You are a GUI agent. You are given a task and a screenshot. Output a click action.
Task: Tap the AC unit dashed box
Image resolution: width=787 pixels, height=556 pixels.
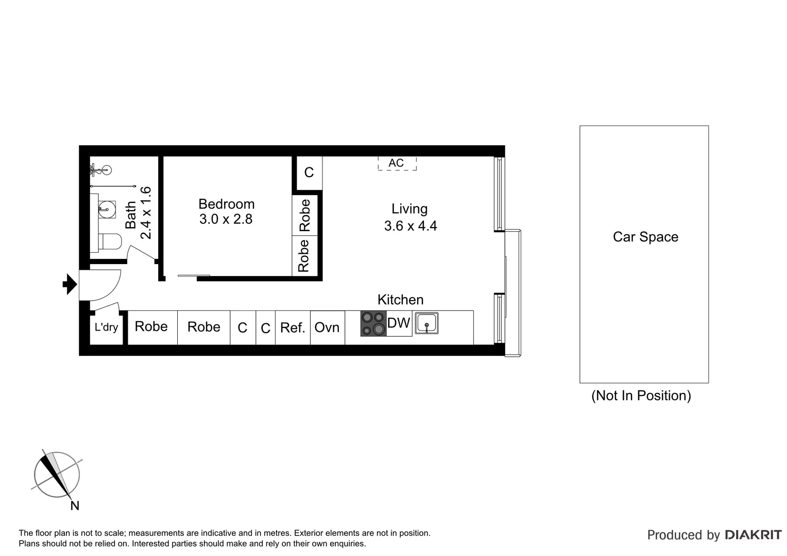pos(396,163)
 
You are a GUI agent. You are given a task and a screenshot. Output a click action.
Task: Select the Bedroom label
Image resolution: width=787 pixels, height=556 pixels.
pos(226,204)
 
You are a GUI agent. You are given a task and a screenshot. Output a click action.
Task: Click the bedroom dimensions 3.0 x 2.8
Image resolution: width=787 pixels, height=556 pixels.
pos(226,219)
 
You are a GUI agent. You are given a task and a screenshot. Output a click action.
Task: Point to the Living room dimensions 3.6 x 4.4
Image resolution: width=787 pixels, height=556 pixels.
pos(410,226)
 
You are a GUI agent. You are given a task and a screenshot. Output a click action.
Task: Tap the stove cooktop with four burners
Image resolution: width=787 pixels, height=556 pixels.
pos(373,324)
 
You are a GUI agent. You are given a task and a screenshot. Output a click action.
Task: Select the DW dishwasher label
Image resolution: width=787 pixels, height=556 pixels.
pos(399,323)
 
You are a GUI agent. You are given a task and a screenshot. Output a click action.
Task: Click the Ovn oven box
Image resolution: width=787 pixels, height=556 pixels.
pos(327,327)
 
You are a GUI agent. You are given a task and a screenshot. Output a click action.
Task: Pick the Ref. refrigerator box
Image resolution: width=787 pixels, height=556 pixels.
pos(293,327)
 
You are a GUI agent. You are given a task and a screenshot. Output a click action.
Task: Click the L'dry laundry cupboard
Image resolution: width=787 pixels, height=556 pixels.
pos(106,327)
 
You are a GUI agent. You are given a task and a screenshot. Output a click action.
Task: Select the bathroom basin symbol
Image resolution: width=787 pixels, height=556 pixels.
pos(107,208)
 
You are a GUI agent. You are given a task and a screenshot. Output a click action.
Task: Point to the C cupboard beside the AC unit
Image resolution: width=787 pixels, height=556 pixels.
pos(309,172)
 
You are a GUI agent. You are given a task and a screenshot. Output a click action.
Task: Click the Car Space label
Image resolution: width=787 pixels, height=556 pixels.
pos(645,237)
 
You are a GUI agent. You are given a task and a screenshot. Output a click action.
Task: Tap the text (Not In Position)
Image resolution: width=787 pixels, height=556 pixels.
pos(641,395)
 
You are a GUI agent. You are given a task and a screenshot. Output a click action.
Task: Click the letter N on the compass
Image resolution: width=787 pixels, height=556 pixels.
pos(75,506)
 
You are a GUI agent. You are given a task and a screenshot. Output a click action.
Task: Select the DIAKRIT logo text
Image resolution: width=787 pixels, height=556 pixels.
pos(753,535)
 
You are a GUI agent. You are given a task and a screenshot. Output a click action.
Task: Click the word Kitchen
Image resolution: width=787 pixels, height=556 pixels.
pos(400,300)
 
